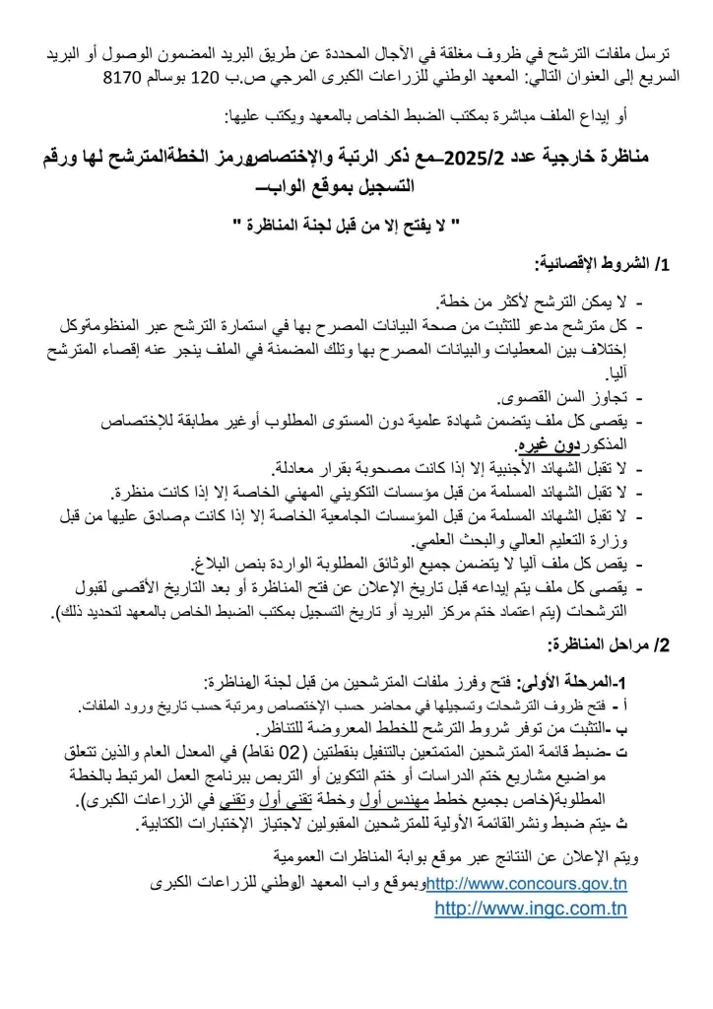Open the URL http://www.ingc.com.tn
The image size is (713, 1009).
click(530, 908)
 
